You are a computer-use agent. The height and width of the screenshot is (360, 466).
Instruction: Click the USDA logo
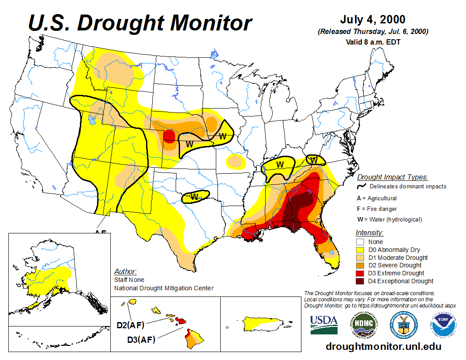pos(324,324)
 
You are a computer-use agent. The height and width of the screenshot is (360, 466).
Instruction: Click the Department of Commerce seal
pos(403,324)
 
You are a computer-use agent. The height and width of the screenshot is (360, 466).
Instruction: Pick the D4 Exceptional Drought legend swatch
pos(360,281)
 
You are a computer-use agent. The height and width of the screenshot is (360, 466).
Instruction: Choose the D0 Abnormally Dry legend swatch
pos(360,250)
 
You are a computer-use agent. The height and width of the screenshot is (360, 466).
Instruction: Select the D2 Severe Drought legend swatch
pos(360,265)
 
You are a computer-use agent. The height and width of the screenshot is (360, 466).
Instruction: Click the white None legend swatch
pos(360,242)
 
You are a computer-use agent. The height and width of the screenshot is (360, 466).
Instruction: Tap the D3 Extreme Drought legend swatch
pos(360,273)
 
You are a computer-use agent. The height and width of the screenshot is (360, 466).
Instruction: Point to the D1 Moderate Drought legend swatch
pos(360,258)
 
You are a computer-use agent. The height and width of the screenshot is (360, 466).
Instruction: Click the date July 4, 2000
pos(373,20)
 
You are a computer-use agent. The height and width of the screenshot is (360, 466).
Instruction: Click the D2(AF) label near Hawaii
pos(131,326)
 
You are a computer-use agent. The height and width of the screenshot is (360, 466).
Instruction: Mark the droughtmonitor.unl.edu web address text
pos(383,346)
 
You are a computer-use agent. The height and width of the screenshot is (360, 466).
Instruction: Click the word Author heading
pos(125,271)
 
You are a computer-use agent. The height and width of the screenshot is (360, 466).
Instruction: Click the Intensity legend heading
pos(369,232)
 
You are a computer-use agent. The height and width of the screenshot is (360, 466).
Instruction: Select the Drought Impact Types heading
pos(392,177)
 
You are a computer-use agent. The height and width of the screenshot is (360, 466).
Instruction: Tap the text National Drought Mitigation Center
pos(164,288)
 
